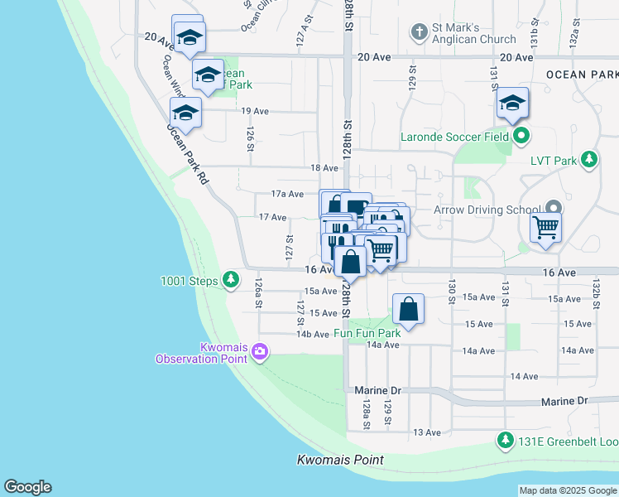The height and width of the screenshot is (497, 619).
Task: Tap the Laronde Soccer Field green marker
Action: click(521, 136)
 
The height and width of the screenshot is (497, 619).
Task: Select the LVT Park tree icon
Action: click(588, 158)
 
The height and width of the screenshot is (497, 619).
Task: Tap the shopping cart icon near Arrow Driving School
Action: click(546, 226)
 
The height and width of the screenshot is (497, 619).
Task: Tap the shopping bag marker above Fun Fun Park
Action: click(409, 310)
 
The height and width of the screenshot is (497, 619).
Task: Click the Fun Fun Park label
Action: click(367, 333)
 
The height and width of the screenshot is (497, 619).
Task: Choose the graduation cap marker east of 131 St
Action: click(512, 104)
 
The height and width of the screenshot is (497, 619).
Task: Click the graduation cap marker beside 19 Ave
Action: click(185, 113)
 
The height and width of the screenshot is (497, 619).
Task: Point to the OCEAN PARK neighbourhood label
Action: click(581, 75)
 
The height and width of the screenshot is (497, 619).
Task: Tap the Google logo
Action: click(27, 487)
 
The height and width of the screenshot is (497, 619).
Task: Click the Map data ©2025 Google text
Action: click(567, 490)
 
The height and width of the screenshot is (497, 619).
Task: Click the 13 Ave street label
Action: click(427, 432)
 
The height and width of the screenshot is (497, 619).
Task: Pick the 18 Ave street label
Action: click(324, 168)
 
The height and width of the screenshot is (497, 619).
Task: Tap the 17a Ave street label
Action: click(288, 194)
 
